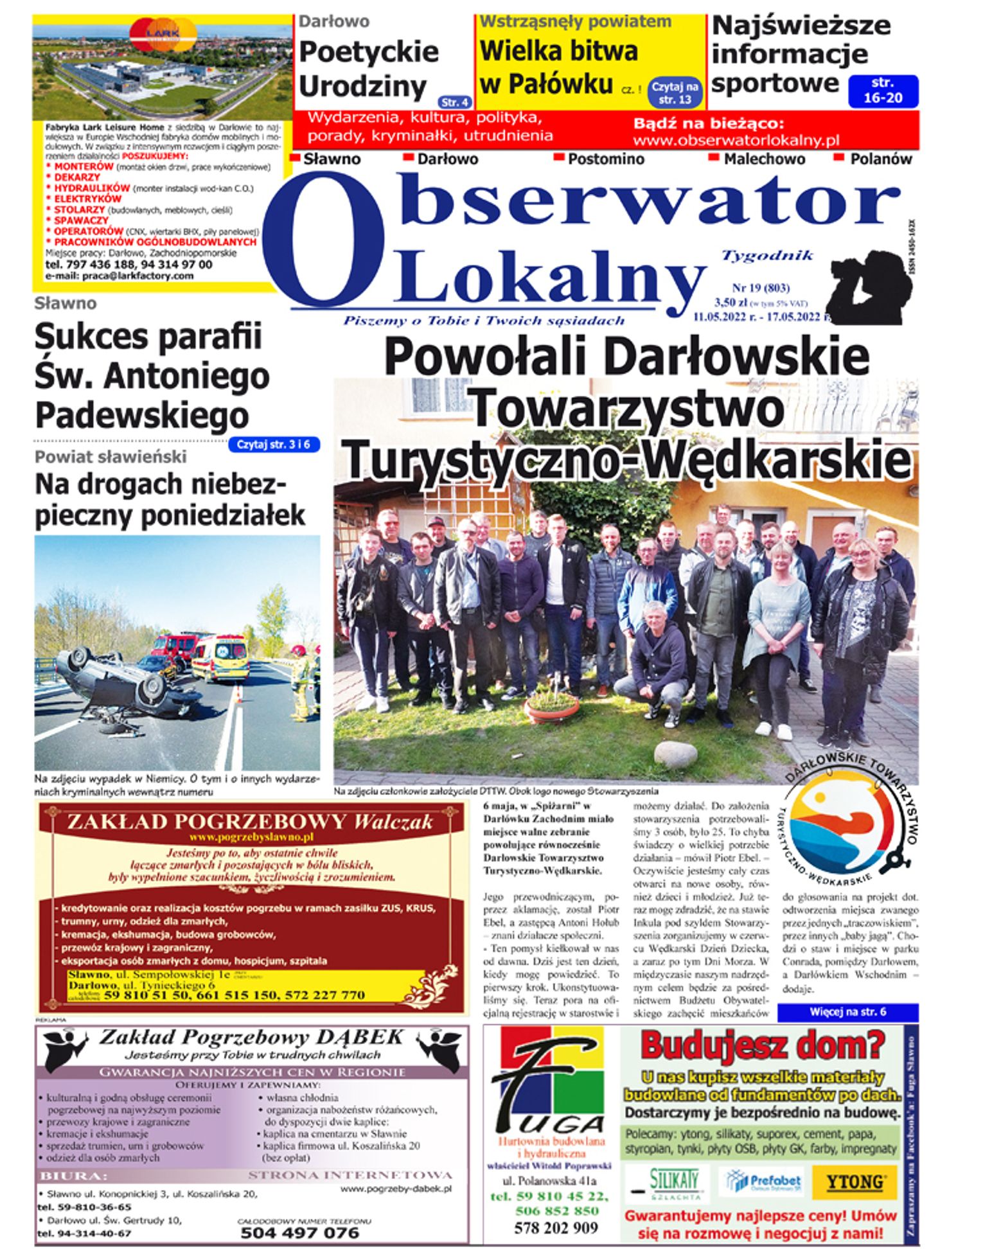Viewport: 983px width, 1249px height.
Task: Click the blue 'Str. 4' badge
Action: click(456, 102)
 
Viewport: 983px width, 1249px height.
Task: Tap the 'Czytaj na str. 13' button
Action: click(675, 93)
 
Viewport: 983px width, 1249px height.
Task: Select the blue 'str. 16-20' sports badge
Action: click(883, 91)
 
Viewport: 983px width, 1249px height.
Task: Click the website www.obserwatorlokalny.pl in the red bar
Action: click(736, 140)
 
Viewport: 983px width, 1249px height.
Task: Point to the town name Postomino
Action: click(606, 159)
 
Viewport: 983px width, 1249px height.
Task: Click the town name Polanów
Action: click(881, 159)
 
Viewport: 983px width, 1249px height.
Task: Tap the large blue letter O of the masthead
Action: click(324, 241)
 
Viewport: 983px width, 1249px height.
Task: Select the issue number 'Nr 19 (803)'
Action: click(761, 288)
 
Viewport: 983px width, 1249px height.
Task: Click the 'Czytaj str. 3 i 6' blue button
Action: click(274, 445)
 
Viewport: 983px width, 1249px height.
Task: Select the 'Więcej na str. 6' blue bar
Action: click(847, 1012)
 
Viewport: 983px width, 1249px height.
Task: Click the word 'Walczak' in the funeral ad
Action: click(393, 822)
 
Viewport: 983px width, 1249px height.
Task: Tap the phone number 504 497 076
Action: click(299, 1232)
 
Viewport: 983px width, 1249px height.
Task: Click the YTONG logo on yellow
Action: click(855, 1182)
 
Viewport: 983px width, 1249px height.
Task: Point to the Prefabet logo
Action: click(762, 1182)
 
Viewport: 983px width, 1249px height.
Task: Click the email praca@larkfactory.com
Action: click(119, 276)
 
